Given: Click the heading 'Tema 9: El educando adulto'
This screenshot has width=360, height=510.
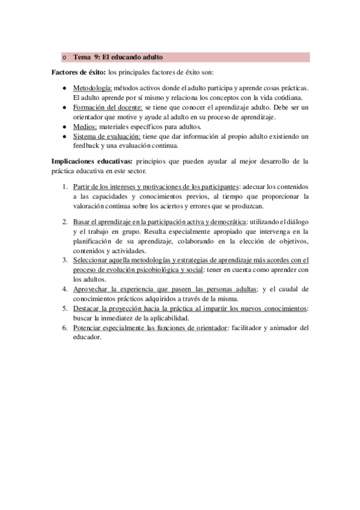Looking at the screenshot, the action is pos(118,58).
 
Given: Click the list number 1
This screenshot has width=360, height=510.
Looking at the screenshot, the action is pos(64,186).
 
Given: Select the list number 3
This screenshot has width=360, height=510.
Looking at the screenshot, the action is pos(64,260).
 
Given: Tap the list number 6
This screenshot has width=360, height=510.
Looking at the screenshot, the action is pos(64,328).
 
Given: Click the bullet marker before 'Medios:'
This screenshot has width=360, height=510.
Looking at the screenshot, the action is pos(64,127).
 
